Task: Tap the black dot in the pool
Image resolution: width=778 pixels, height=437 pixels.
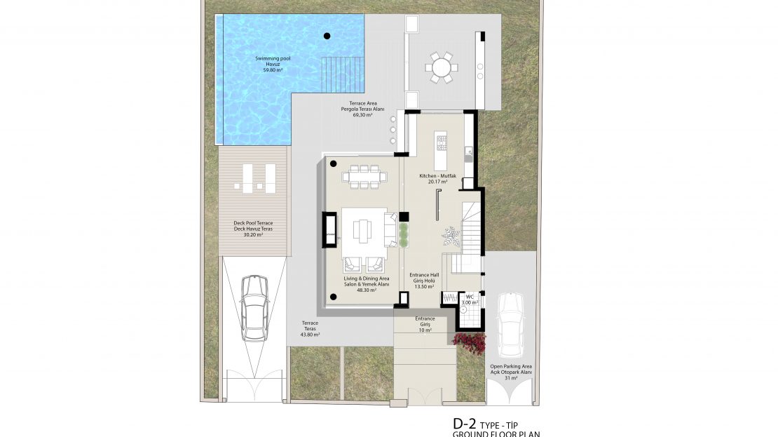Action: point(327,36)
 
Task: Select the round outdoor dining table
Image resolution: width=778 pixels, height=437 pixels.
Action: point(442,68)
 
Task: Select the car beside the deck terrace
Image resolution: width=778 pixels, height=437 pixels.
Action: point(254,307)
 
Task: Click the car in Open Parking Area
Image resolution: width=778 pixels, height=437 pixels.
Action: point(510,324)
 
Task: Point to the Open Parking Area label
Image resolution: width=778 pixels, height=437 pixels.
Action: point(511,372)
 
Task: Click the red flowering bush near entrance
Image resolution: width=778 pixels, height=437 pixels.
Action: point(470,341)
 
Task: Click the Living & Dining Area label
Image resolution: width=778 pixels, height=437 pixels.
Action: point(366,283)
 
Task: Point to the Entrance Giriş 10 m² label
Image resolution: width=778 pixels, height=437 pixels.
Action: point(425,324)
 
